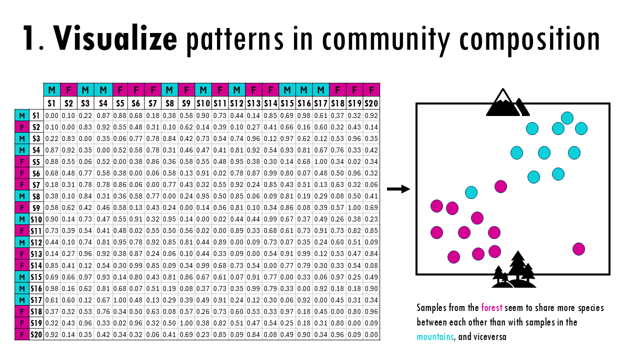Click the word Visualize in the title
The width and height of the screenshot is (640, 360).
tap(115, 38)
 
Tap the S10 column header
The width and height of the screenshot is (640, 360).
tap(203, 103)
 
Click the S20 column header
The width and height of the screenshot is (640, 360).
tap(371, 103)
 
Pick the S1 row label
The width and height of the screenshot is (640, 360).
tap(36, 115)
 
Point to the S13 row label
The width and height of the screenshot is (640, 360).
tap(36, 253)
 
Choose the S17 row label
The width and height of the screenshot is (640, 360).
tap(36, 299)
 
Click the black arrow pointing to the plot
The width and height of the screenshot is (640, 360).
tap(398, 189)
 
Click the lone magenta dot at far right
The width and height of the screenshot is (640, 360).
tap(578, 248)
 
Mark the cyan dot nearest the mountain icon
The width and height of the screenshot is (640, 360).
tap(567, 118)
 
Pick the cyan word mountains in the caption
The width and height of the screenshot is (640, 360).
tap(435, 337)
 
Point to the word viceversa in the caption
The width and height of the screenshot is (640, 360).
tap(489, 337)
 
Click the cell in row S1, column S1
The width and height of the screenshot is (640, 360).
tap(52, 115)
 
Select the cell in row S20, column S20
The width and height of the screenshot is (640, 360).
tap(371, 334)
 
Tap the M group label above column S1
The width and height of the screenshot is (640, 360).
tap(52, 90)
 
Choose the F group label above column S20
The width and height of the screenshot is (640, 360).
tap(371, 90)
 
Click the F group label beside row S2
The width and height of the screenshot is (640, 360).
tap(21, 127)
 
